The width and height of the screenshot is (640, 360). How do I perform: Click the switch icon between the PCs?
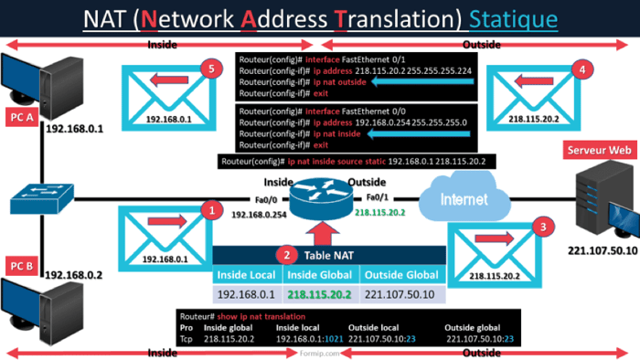[42, 196]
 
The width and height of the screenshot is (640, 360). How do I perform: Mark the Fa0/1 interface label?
[377, 197]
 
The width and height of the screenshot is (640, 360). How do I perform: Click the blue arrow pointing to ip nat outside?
[421, 81]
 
